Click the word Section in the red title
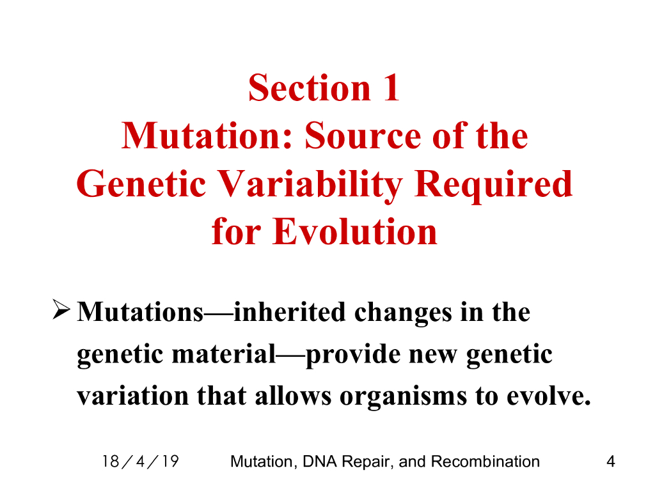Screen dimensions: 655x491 [x=310, y=88]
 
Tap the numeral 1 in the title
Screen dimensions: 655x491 [x=391, y=88]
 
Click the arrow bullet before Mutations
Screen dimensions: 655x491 [x=61, y=309]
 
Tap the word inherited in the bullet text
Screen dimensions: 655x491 [x=289, y=312]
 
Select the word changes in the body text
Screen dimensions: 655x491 [x=403, y=313]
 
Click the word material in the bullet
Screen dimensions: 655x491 [x=224, y=354]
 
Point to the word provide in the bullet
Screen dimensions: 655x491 [x=353, y=355]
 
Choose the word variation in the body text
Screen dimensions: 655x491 [x=133, y=395]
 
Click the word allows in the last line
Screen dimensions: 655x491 [x=293, y=395]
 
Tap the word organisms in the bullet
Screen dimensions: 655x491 [x=403, y=396]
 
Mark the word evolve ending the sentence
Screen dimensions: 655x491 [x=548, y=395]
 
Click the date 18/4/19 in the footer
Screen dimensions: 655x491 [x=141, y=462]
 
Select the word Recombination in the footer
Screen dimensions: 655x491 [x=485, y=462]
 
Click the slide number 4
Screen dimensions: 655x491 [x=611, y=462]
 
